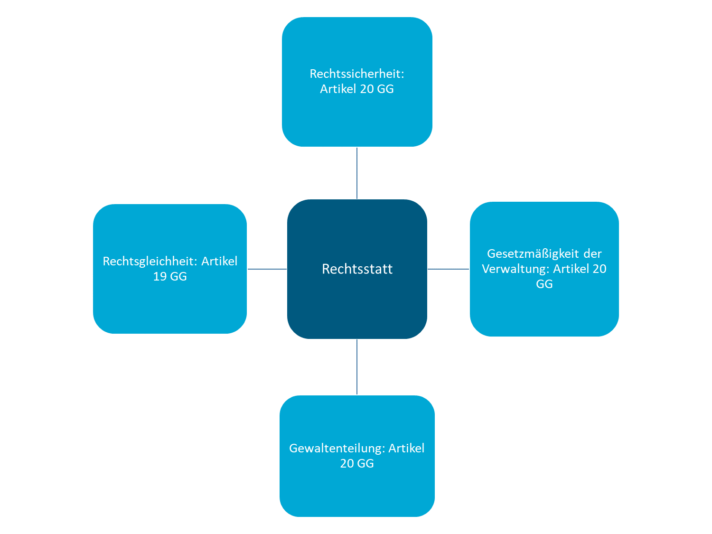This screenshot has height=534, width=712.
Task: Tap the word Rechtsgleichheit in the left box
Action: click(x=150, y=262)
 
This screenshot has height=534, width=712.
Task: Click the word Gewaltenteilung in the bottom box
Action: click(x=337, y=449)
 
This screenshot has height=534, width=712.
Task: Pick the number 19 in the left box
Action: click(x=159, y=277)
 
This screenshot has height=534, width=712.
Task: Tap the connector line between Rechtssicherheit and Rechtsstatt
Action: click(x=357, y=173)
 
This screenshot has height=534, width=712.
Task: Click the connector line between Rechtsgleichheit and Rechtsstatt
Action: click(x=267, y=269)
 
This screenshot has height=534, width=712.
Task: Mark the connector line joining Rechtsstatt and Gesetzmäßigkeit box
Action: click(x=449, y=269)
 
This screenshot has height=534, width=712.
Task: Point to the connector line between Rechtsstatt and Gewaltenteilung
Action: click(x=357, y=367)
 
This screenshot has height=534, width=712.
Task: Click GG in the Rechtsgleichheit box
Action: click(x=178, y=277)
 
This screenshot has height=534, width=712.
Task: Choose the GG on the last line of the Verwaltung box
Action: click(x=544, y=284)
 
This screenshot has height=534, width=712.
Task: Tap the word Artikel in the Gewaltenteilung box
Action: click(x=406, y=449)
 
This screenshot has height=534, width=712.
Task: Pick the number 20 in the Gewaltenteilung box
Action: click(x=347, y=464)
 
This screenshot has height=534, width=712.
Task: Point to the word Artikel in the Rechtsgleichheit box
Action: click(x=219, y=262)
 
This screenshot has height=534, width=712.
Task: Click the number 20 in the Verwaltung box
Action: click(x=599, y=269)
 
